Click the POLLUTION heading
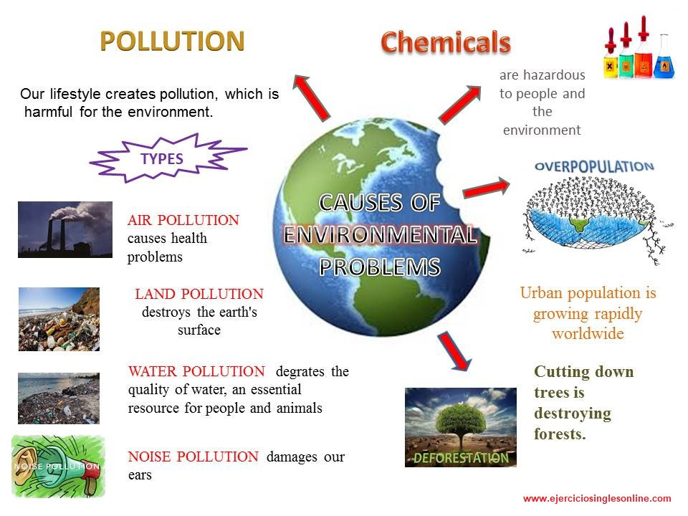[x=172, y=41]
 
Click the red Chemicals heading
[x=445, y=42]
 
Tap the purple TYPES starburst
[x=163, y=159]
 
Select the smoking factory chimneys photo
[x=65, y=229]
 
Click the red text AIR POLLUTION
[x=183, y=220]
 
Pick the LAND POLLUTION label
[x=199, y=294]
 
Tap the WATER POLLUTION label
[x=196, y=371]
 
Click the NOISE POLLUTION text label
[x=193, y=457]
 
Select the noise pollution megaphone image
[x=58, y=466]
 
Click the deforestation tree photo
[x=460, y=427]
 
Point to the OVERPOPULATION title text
[x=594, y=166]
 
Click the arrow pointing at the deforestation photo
[x=454, y=350]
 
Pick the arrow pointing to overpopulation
[x=487, y=188]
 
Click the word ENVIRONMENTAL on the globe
[x=380, y=235]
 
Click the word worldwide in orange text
[x=588, y=334]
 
